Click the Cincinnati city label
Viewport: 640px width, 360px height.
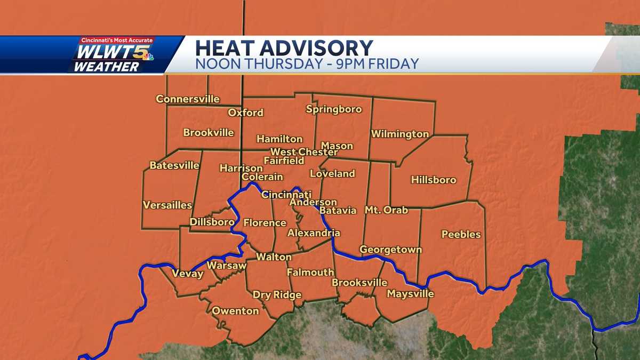(x=286, y=195)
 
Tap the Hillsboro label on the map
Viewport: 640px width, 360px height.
(x=434, y=180)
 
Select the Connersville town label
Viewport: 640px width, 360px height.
(x=188, y=99)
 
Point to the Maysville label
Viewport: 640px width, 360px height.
(x=410, y=294)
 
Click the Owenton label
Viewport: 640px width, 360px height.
(x=235, y=311)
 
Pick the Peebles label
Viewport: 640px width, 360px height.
(x=461, y=234)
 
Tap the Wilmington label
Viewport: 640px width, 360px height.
(x=400, y=134)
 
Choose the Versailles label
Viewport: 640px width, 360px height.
(x=167, y=205)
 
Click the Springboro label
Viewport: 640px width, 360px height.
(x=334, y=109)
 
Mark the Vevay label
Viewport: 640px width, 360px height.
(x=188, y=274)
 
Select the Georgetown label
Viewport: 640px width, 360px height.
(x=390, y=250)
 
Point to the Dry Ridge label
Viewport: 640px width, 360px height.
(x=277, y=295)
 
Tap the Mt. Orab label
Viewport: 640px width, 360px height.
(x=386, y=210)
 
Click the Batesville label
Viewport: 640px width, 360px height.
(x=174, y=165)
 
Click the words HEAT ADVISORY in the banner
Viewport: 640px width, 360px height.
(x=284, y=48)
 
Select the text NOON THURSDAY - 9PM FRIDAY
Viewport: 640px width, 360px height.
(x=307, y=64)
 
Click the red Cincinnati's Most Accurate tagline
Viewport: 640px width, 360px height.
(x=117, y=41)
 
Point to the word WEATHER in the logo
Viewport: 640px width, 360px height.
(x=106, y=67)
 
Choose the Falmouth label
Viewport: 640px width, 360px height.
(x=310, y=272)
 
